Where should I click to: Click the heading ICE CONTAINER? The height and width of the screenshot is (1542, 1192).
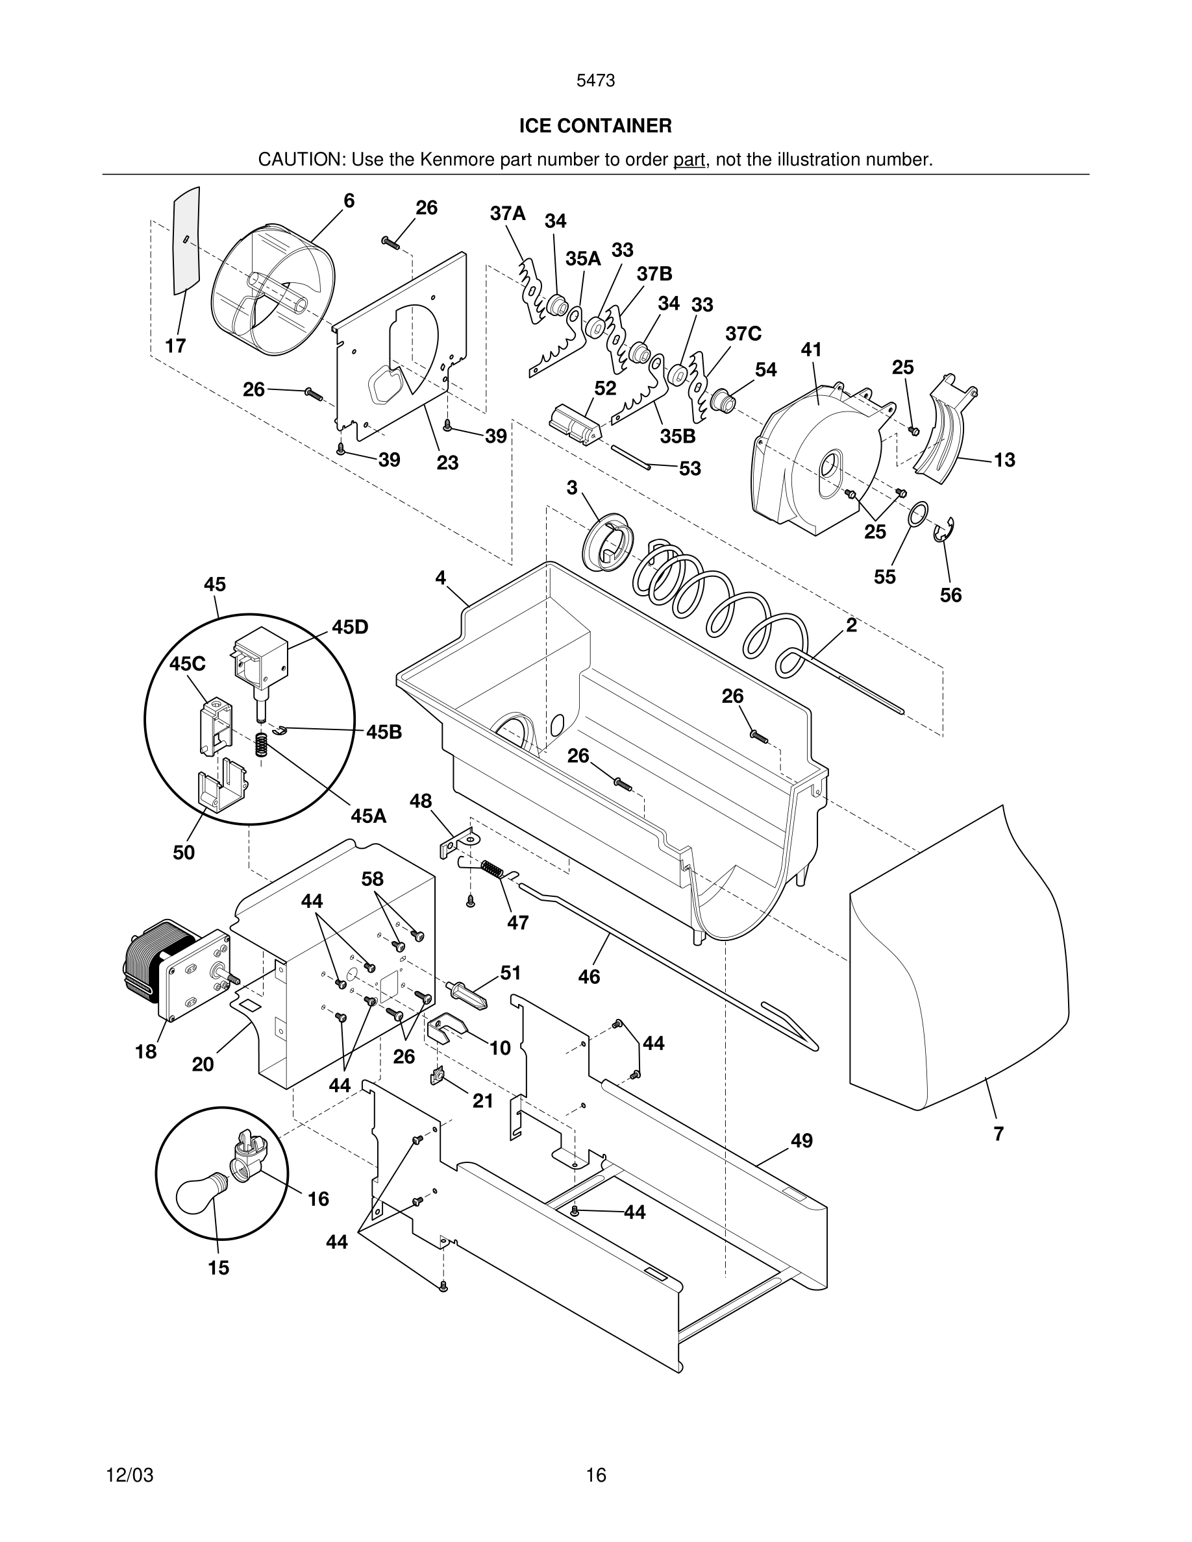(x=595, y=127)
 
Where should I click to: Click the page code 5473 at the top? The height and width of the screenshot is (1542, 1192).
(x=595, y=81)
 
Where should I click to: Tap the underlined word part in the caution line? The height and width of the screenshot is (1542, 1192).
(x=689, y=160)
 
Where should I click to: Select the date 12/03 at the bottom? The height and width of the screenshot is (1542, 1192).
(x=129, y=1475)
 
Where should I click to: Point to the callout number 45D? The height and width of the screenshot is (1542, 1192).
(x=350, y=627)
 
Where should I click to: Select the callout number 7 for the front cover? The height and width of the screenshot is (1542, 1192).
(x=998, y=1134)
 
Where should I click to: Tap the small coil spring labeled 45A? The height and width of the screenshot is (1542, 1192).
(x=261, y=746)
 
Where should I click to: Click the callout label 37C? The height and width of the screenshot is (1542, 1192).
(x=743, y=334)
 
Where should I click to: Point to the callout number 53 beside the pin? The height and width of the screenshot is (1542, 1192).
(x=689, y=469)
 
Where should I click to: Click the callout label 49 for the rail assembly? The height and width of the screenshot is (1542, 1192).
(x=801, y=1141)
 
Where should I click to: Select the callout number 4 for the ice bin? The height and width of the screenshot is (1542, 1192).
(x=440, y=578)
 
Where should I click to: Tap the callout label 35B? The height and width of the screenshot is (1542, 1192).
(x=677, y=436)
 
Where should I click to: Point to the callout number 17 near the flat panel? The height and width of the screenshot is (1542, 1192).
(x=175, y=346)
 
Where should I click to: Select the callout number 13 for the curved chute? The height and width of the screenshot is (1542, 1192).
(x=1004, y=460)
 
